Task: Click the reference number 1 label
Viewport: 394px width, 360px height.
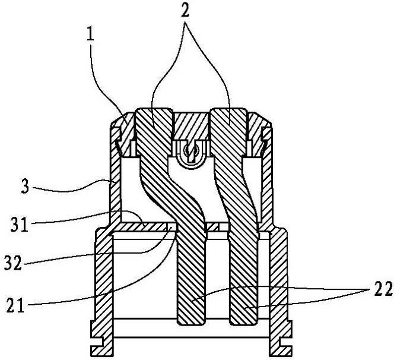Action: [x=90, y=35]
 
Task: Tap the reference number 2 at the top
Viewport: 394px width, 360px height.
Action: [x=185, y=10]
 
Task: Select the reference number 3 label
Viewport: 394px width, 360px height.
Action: [x=25, y=187]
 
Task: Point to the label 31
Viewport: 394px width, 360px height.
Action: [x=19, y=224]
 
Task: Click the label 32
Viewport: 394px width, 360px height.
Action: [x=13, y=263]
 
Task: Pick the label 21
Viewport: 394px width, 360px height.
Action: [x=15, y=305]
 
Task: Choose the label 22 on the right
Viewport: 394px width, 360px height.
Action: [x=383, y=289]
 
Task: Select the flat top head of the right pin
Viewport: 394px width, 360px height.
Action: [x=228, y=110]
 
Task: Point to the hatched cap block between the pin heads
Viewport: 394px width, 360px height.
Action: [x=191, y=126]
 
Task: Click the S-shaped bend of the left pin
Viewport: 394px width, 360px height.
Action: [x=173, y=191]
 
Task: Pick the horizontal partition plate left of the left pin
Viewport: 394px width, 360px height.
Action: [x=143, y=227]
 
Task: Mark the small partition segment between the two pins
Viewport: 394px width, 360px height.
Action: [x=213, y=227]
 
